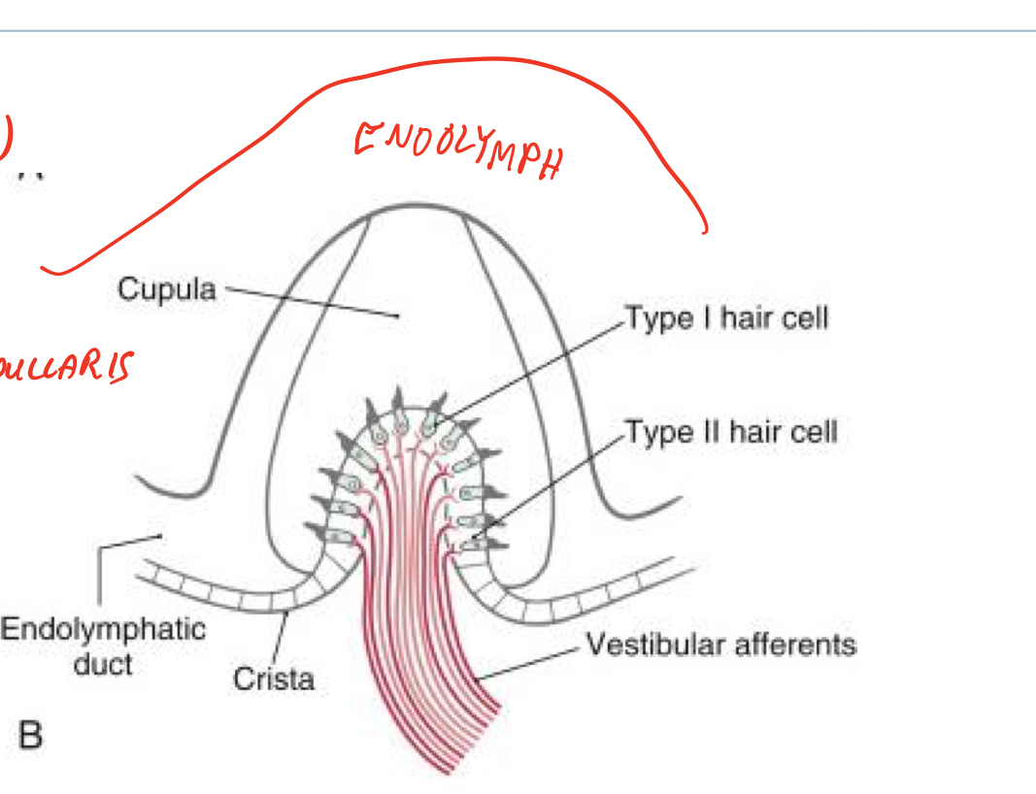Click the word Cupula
click(x=166, y=289)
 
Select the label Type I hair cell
click(x=726, y=317)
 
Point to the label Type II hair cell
click(x=730, y=431)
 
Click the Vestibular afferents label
click(x=719, y=645)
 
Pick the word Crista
click(x=274, y=678)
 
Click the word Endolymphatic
click(x=103, y=629)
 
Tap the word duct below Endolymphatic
click(x=103, y=665)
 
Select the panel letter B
click(x=30, y=736)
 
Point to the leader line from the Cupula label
click(x=311, y=302)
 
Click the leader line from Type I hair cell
click(x=534, y=369)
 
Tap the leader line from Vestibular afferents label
click(x=534, y=660)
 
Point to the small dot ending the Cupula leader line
click(x=398, y=315)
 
